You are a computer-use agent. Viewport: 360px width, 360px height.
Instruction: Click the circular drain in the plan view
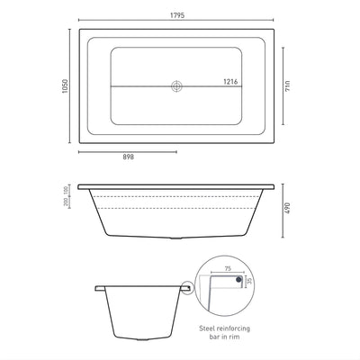tap(176, 86)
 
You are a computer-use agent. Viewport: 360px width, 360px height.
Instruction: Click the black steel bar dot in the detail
tap(238, 281)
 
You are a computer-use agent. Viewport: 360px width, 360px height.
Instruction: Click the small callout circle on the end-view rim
tap(185, 290)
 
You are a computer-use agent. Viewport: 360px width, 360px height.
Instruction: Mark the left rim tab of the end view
tap(99, 288)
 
